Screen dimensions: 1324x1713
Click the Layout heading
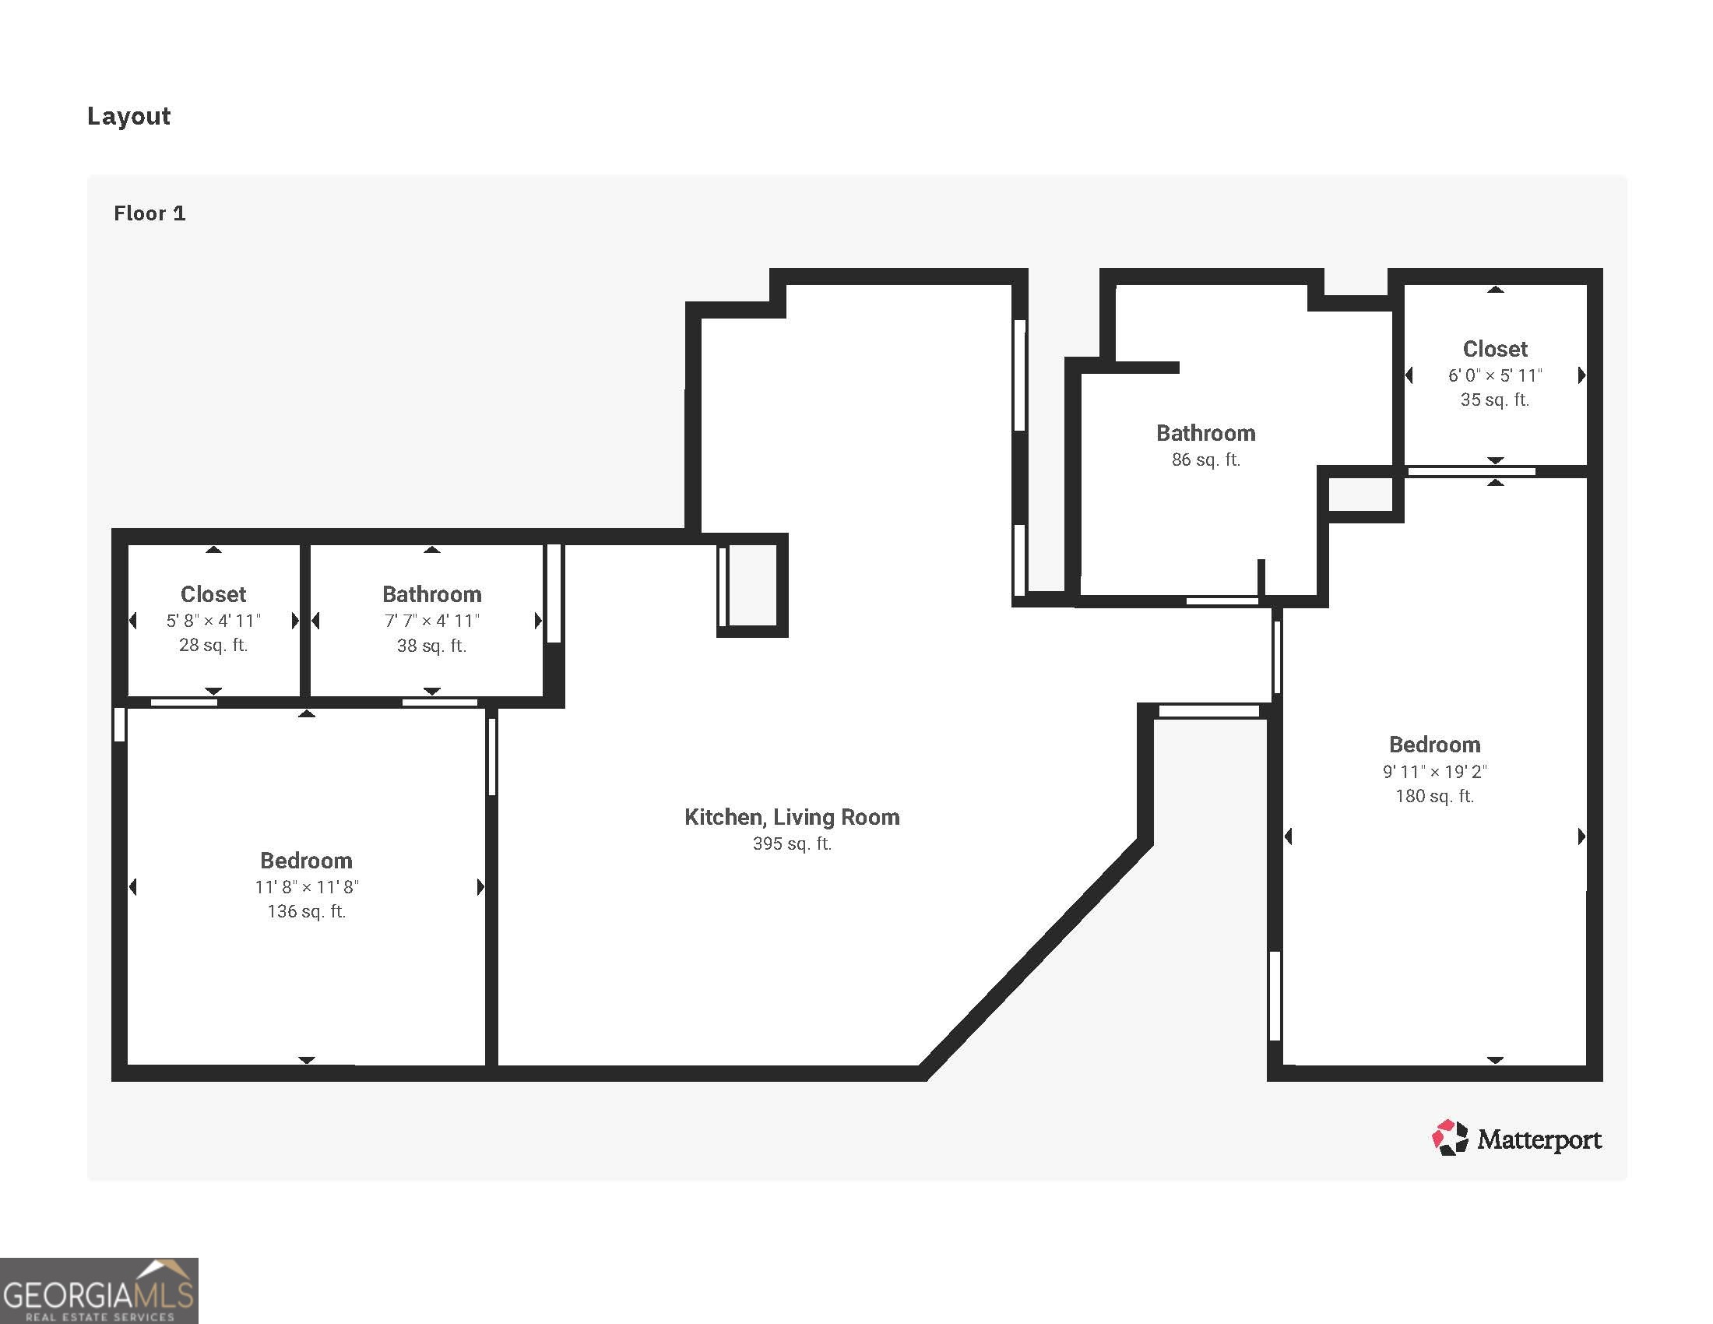(x=128, y=116)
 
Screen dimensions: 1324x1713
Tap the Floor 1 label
(x=149, y=213)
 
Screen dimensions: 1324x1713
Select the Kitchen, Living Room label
(x=791, y=817)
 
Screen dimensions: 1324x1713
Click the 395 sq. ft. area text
(x=791, y=844)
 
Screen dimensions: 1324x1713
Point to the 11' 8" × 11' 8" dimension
(x=307, y=887)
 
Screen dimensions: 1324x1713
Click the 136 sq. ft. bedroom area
(x=307, y=911)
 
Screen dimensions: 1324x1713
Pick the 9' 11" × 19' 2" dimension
(x=1434, y=772)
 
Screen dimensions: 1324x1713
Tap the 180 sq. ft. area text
(x=1434, y=796)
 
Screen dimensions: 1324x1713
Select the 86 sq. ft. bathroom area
(x=1205, y=460)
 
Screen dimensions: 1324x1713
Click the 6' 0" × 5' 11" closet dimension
(x=1495, y=375)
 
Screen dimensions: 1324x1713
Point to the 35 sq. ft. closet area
(x=1495, y=400)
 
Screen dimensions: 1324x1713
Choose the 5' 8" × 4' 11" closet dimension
(x=213, y=622)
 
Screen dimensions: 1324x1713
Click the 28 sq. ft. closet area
(x=213, y=645)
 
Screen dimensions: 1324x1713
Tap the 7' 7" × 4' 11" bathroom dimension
(x=431, y=622)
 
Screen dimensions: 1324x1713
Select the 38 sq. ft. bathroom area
(x=431, y=646)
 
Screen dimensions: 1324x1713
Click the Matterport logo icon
(x=1450, y=1138)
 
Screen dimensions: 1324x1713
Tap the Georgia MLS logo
(x=99, y=1291)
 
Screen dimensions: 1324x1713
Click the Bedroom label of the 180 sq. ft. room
(x=1434, y=745)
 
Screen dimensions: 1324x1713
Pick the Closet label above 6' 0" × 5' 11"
(x=1495, y=349)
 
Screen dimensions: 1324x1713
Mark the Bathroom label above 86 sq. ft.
(x=1205, y=433)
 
